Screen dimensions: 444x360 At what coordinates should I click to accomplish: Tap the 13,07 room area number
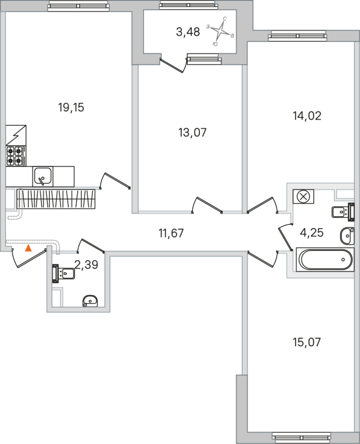point(188,133)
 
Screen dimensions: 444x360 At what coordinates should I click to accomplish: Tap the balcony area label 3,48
point(188,32)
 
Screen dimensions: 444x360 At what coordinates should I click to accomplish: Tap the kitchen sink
point(42,176)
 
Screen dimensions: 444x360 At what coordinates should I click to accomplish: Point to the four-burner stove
point(16,157)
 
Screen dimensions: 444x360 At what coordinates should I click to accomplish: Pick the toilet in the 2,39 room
point(64,273)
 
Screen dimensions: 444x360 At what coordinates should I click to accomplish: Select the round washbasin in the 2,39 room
point(90,300)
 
